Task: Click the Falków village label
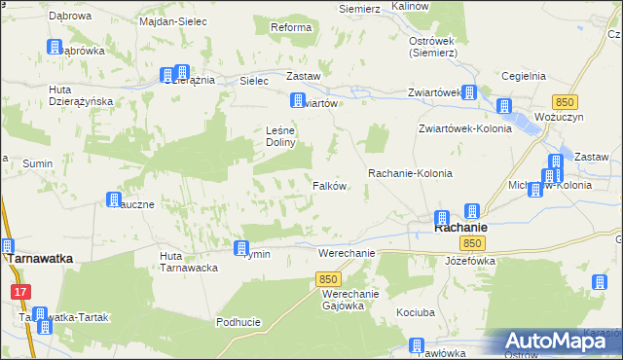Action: click(330, 186)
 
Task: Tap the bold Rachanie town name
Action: click(460, 228)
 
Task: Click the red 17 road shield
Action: click(20, 291)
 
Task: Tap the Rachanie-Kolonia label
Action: click(410, 172)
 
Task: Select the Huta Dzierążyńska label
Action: click(82, 94)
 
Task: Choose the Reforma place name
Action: click(291, 27)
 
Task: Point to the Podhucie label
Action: click(238, 322)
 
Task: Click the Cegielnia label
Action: click(523, 75)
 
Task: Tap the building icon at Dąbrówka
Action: click(55, 48)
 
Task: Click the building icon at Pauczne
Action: click(113, 199)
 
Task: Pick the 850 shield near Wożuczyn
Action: click(564, 101)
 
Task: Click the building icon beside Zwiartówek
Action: click(469, 93)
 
